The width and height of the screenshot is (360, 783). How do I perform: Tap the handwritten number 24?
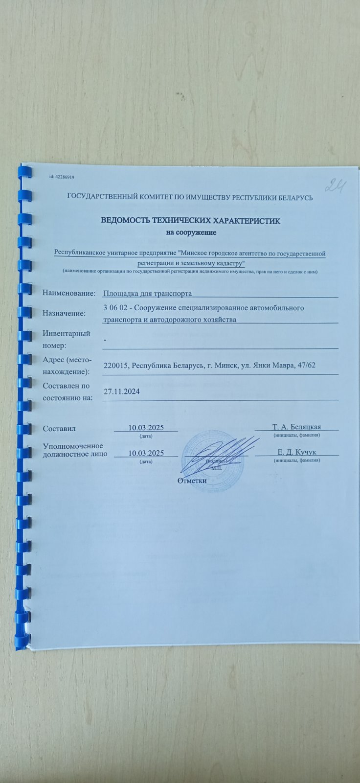coord(337,185)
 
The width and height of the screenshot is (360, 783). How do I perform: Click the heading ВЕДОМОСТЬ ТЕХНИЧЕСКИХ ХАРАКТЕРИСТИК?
coord(190,221)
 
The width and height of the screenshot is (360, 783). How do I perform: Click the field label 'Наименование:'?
coord(68,293)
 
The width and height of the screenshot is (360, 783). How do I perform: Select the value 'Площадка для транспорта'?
coord(147,294)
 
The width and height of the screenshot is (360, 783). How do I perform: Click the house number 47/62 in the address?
coord(311,366)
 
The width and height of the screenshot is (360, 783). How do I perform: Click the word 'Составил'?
coord(59,429)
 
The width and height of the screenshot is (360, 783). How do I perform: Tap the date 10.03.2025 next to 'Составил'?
coord(146,427)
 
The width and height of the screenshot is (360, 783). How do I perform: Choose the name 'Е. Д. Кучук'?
coord(297,452)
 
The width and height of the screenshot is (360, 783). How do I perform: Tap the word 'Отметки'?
coord(192,480)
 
